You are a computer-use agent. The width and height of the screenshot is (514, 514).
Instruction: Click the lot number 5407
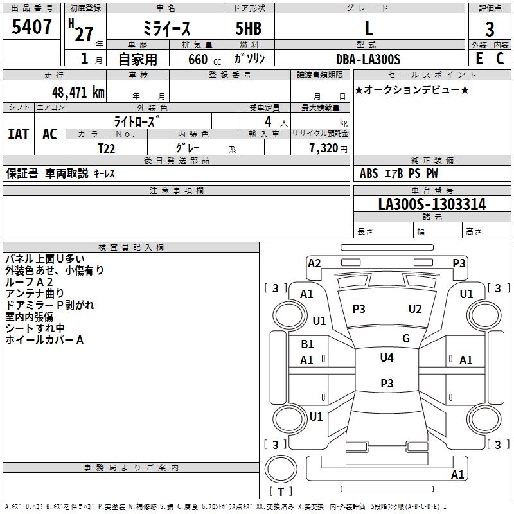click(x=31, y=27)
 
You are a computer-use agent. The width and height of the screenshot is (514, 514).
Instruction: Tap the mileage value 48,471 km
click(x=78, y=93)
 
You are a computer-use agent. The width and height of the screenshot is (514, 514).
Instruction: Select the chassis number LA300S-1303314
click(x=432, y=204)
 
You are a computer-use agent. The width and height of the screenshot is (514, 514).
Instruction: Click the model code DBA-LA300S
click(x=368, y=59)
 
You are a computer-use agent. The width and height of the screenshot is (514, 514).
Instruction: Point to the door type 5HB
click(x=249, y=28)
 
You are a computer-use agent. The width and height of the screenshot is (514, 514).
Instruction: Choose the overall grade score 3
click(x=490, y=29)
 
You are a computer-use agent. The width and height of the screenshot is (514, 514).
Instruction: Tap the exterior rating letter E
click(x=479, y=58)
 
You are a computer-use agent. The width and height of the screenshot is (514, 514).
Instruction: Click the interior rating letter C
click(x=500, y=58)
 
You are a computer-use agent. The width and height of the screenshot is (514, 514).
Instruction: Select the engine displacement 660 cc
click(x=204, y=60)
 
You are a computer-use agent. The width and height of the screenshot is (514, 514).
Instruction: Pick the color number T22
click(x=107, y=148)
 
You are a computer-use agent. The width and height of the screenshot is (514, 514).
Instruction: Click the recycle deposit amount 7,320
click(x=324, y=148)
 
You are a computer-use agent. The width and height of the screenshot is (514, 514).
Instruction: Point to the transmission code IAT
click(x=19, y=134)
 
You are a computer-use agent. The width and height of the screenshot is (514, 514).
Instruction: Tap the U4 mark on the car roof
click(x=387, y=358)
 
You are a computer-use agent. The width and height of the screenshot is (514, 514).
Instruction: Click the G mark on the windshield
click(x=406, y=339)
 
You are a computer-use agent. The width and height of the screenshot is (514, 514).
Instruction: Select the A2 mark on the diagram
click(x=314, y=263)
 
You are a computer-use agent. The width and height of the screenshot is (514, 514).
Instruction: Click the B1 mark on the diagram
click(x=307, y=344)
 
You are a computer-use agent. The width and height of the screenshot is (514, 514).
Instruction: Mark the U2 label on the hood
click(x=415, y=309)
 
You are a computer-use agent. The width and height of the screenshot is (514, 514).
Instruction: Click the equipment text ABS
click(x=369, y=173)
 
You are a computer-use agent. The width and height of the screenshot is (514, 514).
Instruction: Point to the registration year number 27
click(x=84, y=34)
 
